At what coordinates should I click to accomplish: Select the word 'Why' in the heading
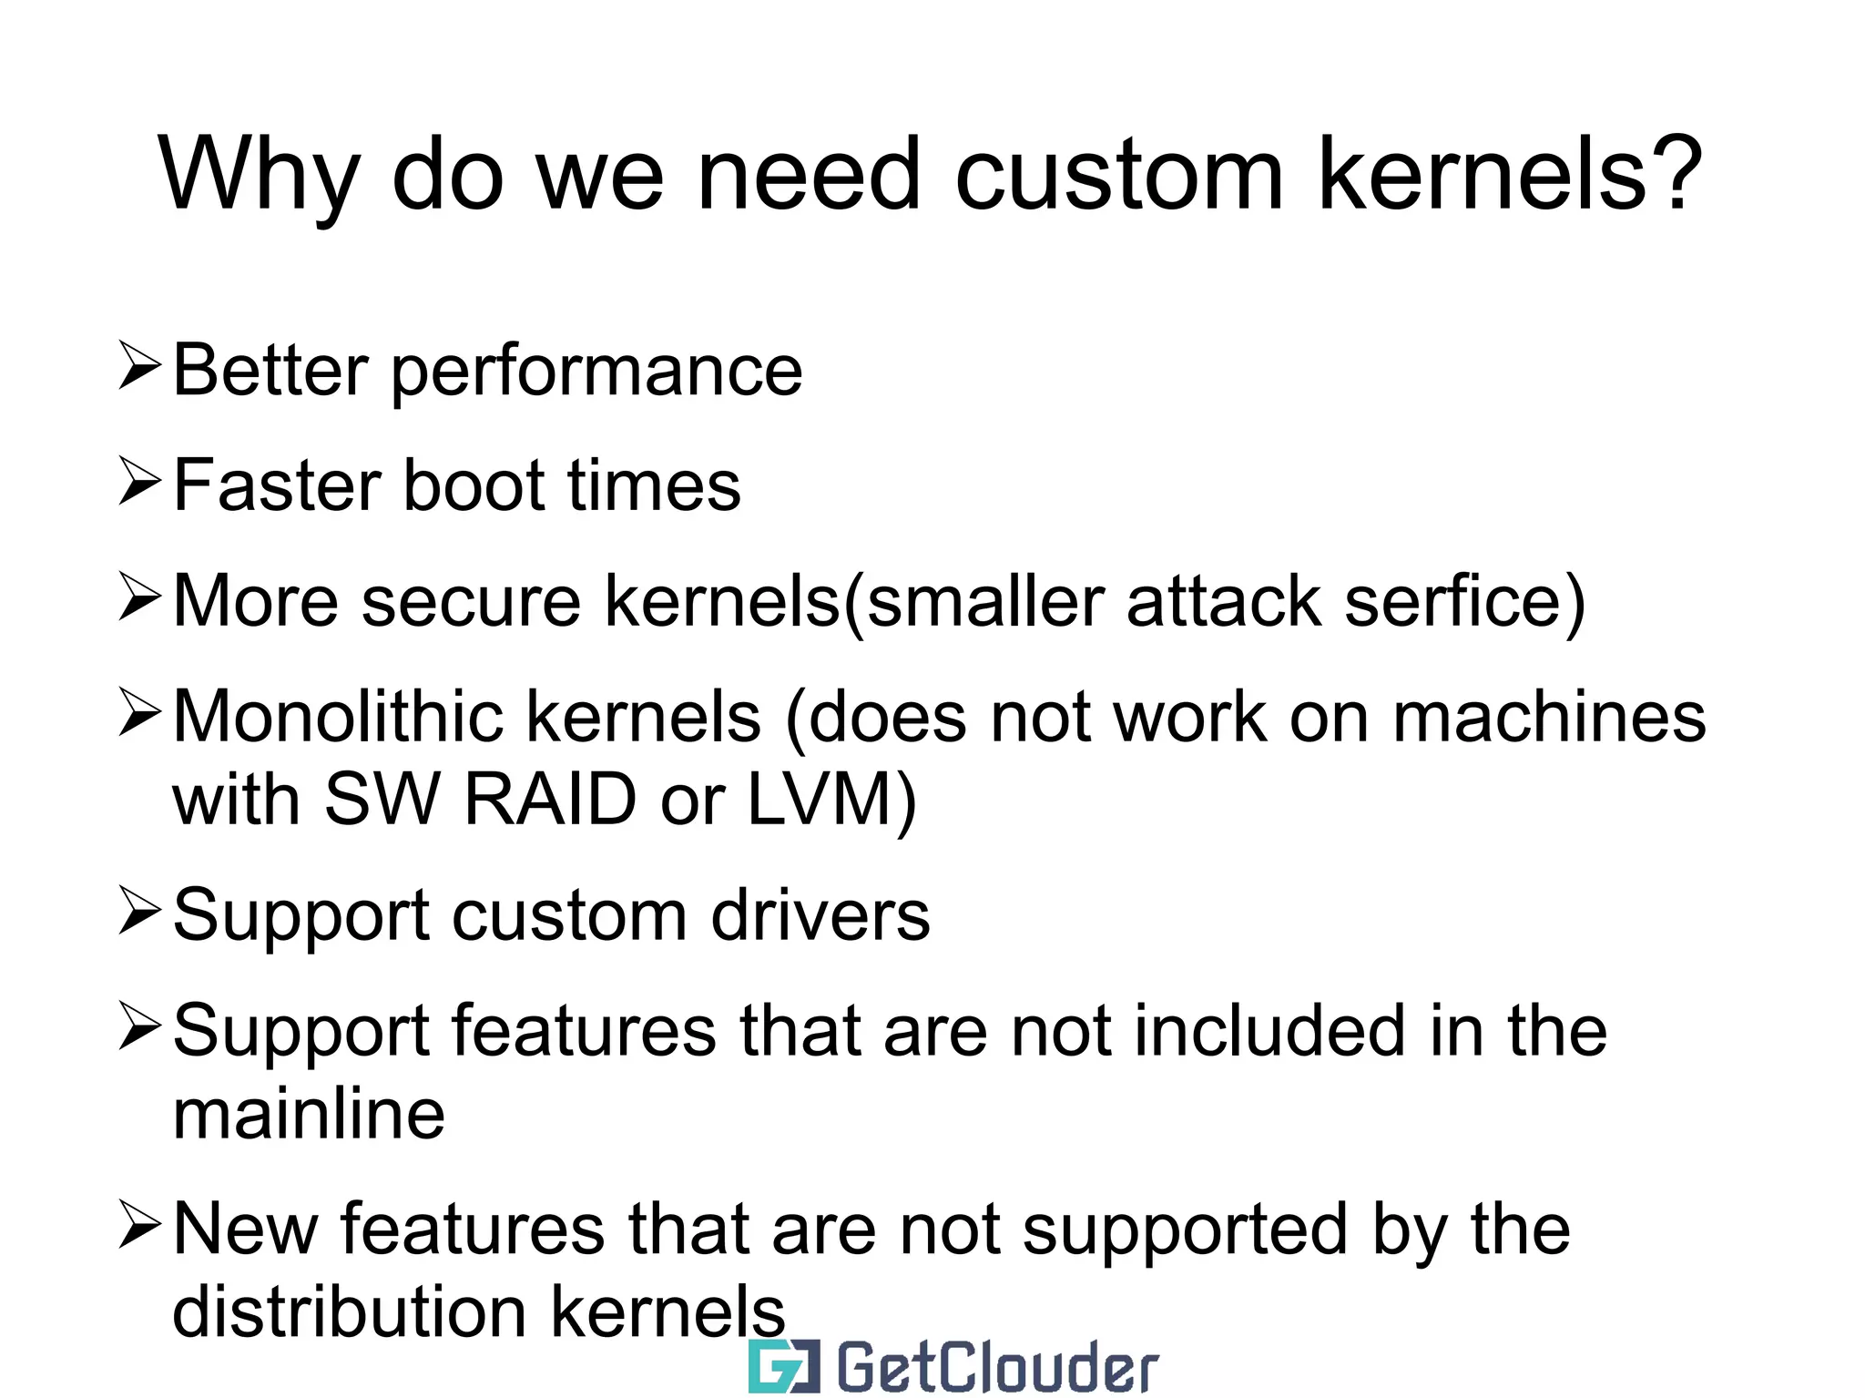tap(259, 175)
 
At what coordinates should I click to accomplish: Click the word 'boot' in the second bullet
tap(474, 485)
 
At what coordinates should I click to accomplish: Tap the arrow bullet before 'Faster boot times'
tap(139, 482)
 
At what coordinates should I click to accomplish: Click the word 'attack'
tap(1223, 601)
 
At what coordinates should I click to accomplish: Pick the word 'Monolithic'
tap(338, 717)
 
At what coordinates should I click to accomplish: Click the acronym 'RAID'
tap(549, 799)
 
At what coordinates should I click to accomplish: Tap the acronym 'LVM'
tap(819, 799)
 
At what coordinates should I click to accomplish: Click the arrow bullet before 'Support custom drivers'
tap(139, 913)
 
